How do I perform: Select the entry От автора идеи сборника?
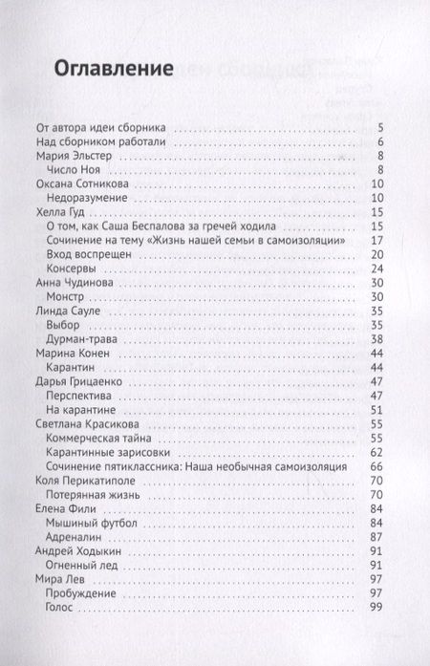pos(100,127)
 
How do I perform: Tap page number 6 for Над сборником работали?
pos(380,141)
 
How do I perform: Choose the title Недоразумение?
pos(97,198)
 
